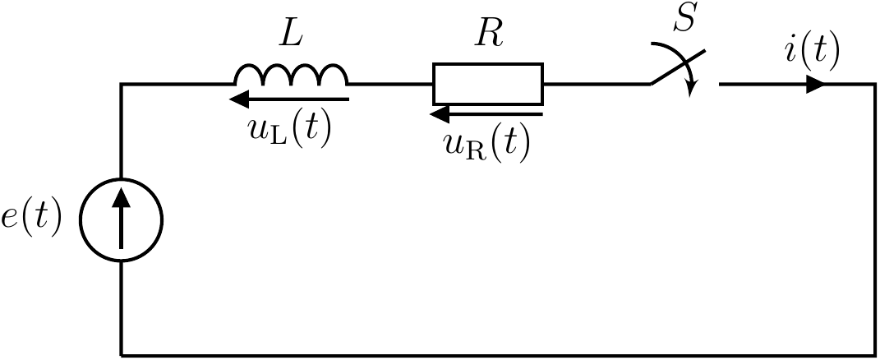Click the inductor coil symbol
(x=291, y=76)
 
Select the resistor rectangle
(x=488, y=83)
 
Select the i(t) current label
(x=812, y=52)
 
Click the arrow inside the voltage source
(x=121, y=219)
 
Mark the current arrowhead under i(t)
(x=814, y=84)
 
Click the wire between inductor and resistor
(x=390, y=84)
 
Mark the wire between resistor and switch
(x=596, y=84)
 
